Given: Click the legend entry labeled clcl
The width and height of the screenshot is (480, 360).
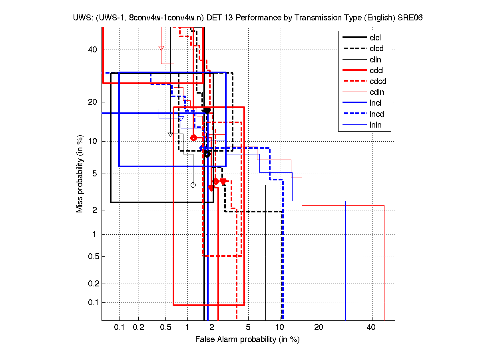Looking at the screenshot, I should click(x=375, y=38).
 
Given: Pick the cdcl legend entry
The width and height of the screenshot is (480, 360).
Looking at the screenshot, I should click(x=375, y=70).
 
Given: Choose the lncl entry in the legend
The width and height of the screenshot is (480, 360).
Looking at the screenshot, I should click(x=375, y=103).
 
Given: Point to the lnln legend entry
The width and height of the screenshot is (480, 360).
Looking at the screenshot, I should click(x=375, y=125).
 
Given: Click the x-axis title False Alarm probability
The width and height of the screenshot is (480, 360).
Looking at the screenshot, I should click(x=247, y=340).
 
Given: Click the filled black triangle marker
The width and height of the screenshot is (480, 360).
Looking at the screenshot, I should click(x=207, y=111).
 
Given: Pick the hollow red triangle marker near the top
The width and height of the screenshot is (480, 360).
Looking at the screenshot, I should click(x=161, y=48).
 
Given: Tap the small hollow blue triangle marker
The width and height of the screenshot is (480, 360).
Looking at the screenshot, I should click(x=181, y=118).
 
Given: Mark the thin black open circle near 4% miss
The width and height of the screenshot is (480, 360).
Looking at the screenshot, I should click(x=193, y=185).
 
